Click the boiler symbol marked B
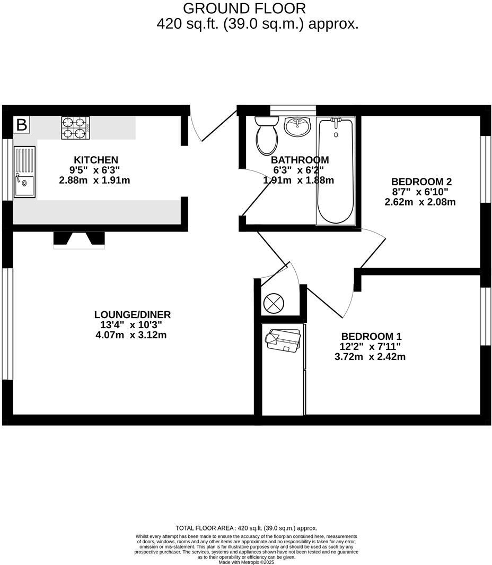[21, 125]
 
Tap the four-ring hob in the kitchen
[74, 128]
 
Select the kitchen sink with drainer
[24, 172]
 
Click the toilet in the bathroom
[267, 135]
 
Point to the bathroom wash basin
[297, 126]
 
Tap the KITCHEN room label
[95, 159]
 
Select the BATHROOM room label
[300, 159]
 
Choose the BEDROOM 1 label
[371, 336]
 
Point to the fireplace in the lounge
[79, 239]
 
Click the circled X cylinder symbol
[274, 303]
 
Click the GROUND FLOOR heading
[244, 8]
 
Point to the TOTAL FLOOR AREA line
[246, 528]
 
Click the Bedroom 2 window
[485, 169]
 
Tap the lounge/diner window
[7, 324]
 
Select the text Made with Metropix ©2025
[246, 562]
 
